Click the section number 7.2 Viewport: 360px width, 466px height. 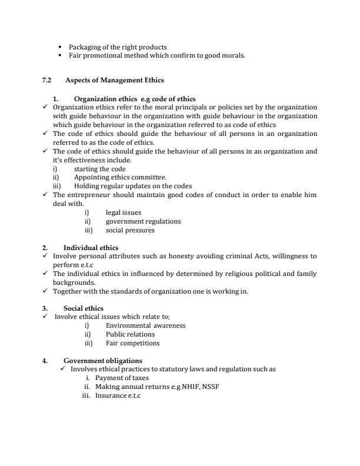point(47,79)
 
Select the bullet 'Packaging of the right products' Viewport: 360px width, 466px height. point(118,47)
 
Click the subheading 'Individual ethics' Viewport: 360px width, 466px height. point(91,248)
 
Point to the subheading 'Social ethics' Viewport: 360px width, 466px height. point(83,308)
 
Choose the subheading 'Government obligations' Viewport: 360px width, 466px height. point(102,361)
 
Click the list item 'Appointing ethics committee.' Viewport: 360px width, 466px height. point(120,177)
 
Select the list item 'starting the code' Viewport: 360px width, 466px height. point(99,169)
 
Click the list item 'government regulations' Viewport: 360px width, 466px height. point(143,221)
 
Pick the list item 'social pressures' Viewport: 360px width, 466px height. point(130,230)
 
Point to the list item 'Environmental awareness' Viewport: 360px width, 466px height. point(145,325)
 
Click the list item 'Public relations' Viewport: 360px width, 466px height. point(130,334)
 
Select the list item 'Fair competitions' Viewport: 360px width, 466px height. point(132,343)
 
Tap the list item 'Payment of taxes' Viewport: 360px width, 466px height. point(122,378)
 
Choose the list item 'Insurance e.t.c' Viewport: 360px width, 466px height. point(118,395)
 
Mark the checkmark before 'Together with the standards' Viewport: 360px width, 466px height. point(46,291)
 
